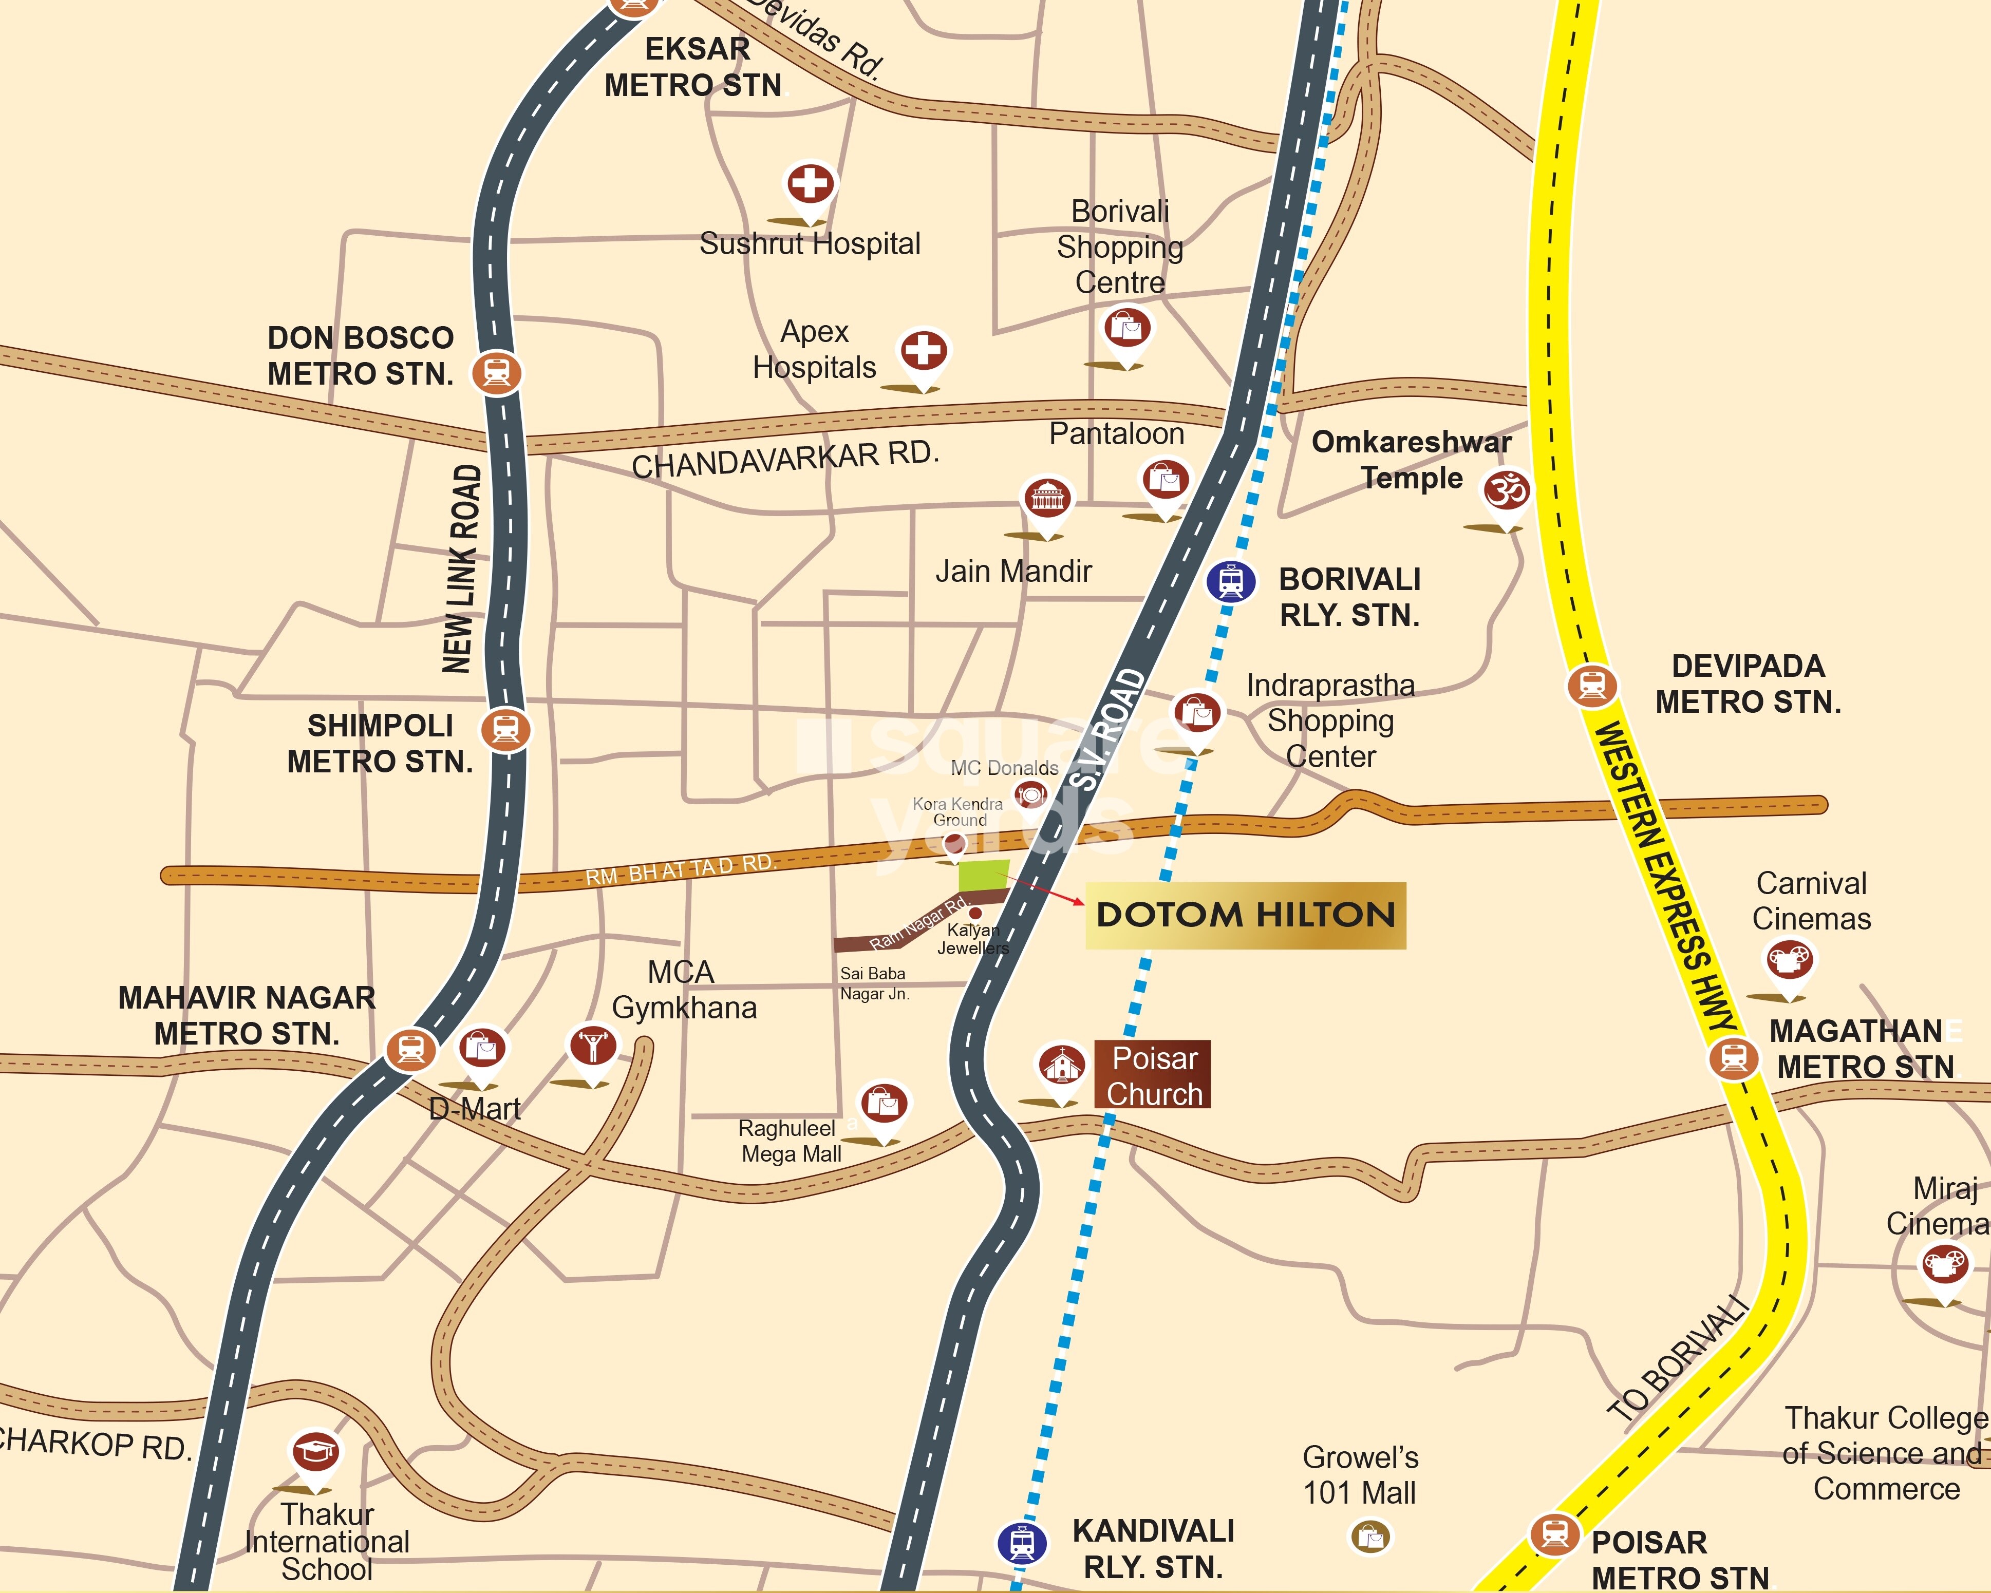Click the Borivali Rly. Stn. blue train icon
click(x=1230, y=581)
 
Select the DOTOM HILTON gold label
click(x=1245, y=915)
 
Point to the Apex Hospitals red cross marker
click(x=924, y=351)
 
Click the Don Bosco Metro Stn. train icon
click(x=497, y=372)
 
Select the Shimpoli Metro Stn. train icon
click(x=505, y=730)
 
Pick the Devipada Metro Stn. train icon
click(x=1591, y=685)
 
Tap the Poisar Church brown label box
click(x=1153, y=1075)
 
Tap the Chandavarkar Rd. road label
click(x=785, y=459)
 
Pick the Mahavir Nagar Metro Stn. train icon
click(x=411, y=1049)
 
